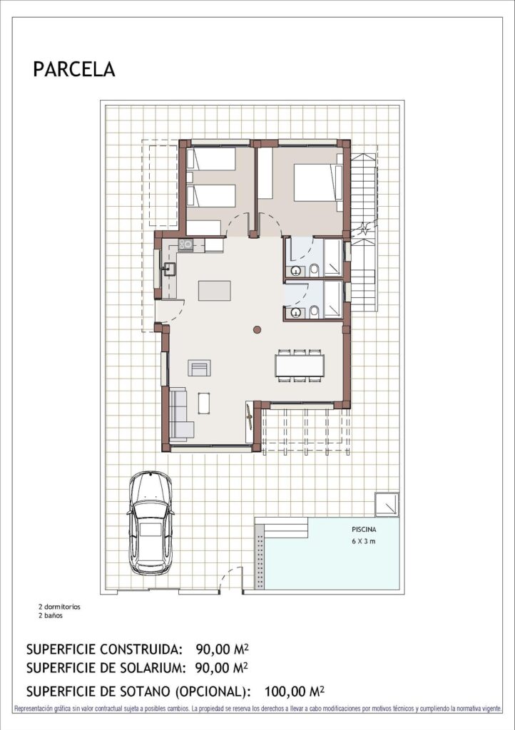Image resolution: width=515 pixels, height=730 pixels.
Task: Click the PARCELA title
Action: pyautogui.click(x=73, y=69)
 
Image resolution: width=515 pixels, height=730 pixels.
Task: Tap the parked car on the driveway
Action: pyautogui.click(x=150, y=518)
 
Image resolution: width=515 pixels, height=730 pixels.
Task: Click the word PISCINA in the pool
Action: pyautogui.click(x=364, y=530)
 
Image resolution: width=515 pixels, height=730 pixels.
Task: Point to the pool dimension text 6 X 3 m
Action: pyautogui.click(x=364, y=542)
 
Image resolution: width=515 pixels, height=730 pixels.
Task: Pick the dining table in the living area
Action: pyautogui.click(x=300, y=365)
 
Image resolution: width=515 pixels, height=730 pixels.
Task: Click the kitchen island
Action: pyautogui.click(x=215, y=290)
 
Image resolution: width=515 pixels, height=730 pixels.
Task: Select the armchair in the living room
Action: pyautogui.click(x=199, y=368)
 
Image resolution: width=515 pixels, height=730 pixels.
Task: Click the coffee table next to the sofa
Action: pyautogui.click(x=205, y=403)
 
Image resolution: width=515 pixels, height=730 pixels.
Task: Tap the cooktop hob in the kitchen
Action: pyautogui.click(x=185, y=245)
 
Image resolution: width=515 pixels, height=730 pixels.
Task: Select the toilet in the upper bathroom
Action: pyautogui.click(x=313, y=270)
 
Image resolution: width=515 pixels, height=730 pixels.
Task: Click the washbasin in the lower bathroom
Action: pyautogui.click(x=295, y=312)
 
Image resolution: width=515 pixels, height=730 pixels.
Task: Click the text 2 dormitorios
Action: pyautogui.click(x=60, y=607)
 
